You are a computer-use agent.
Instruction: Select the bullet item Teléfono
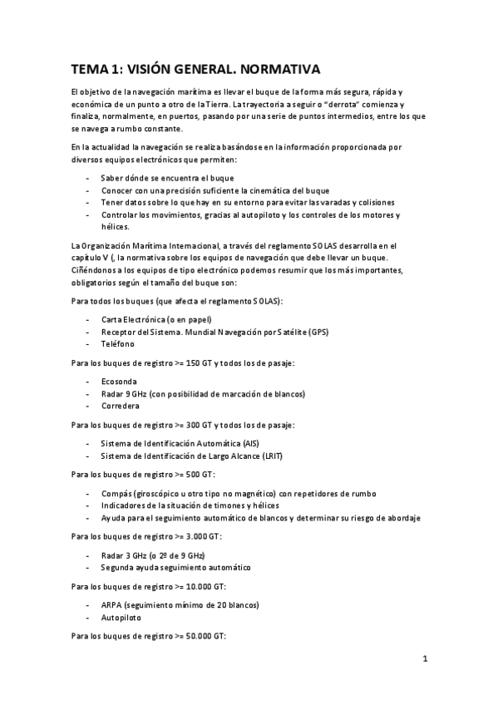click(117, 343)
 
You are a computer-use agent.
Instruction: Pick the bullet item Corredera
click(120, 406)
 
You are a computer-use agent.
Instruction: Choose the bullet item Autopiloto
click(121, 619)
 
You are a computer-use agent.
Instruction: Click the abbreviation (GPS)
click(318, 332)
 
